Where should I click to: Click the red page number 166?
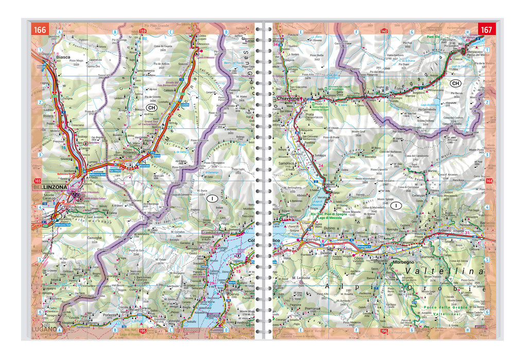[x=40, y=30]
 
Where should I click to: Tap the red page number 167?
[x=486, y=30]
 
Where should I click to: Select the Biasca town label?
[x=63, y=57]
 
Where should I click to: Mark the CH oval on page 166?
[x=151, y=108]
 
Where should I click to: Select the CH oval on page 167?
[x=455, y=83]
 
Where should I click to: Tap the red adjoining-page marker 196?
[x=384, y=331]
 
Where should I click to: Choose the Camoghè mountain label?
[x=94, y=237]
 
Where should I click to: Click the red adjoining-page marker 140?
[x=384, y=31]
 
